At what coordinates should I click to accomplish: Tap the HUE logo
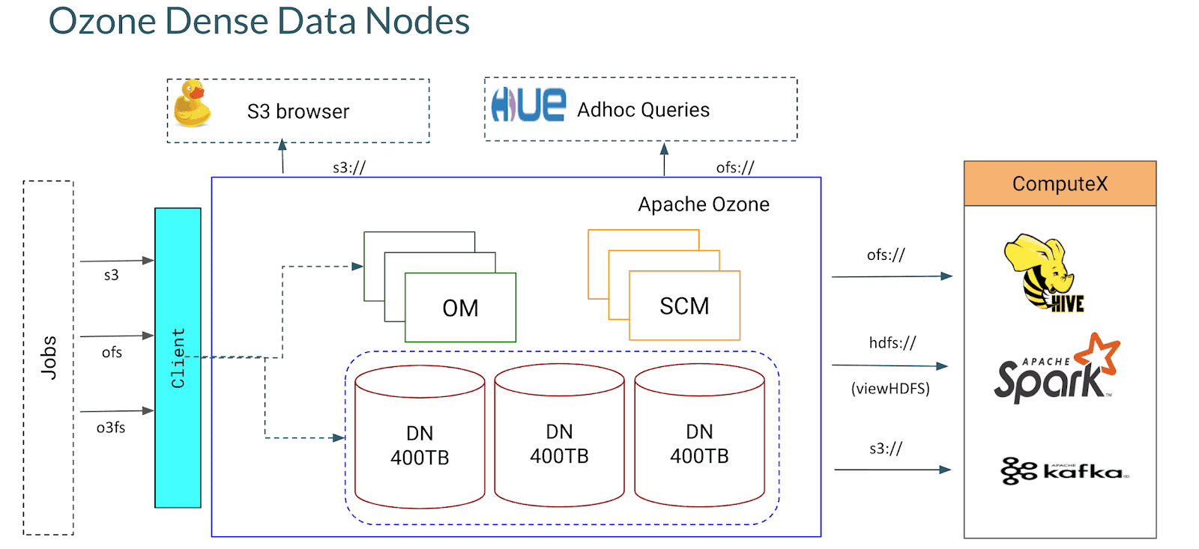(x=528, y=105)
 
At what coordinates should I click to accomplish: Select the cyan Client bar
(x=178, y=357)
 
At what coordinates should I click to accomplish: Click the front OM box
(x=460, y=308)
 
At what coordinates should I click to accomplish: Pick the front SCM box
(x=684, y=306)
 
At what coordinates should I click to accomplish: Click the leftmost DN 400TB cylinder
(x=420, y=445)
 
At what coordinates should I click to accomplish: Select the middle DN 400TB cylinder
(x=559, y=443)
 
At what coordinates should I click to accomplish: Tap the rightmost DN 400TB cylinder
(x=699, y=443)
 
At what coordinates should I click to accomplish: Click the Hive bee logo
(x=1042, y=273)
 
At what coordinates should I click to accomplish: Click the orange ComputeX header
(x=1060, y=183)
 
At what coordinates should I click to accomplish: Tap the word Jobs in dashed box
(x=49, y=357)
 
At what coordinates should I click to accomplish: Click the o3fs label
(x=111, y=428)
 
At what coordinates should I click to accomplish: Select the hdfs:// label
(x=892, y=343)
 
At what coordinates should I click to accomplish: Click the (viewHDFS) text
(x=890, y=389)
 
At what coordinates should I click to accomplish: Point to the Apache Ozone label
(x=703, y=204)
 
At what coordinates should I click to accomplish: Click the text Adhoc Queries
(x=643, y=110)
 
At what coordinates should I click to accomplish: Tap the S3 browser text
(x=298, y=112)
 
